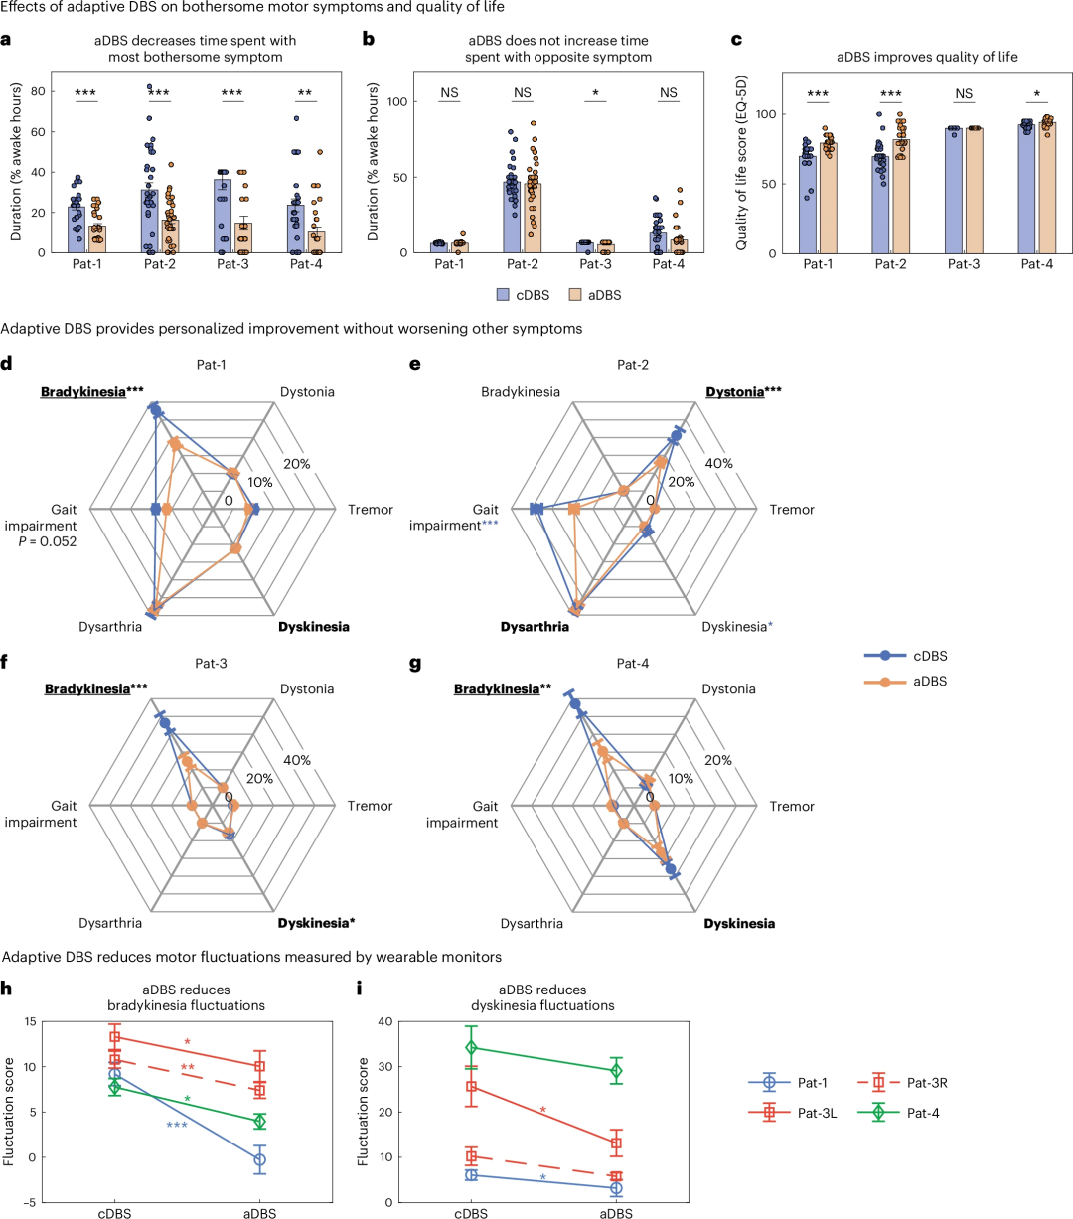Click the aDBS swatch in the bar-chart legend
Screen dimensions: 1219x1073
(575, 294)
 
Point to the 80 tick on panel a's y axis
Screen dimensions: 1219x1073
(51, 91)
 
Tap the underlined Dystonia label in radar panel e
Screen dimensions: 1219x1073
(734, 392)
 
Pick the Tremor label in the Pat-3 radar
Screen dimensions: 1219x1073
(371, 806)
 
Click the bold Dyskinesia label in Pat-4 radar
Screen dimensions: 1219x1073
(739, 924)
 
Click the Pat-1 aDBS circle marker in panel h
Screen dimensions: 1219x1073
(259, 1159)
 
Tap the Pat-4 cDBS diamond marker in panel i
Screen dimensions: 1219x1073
(471, 1048)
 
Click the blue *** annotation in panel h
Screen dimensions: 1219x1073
(178, 1125)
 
